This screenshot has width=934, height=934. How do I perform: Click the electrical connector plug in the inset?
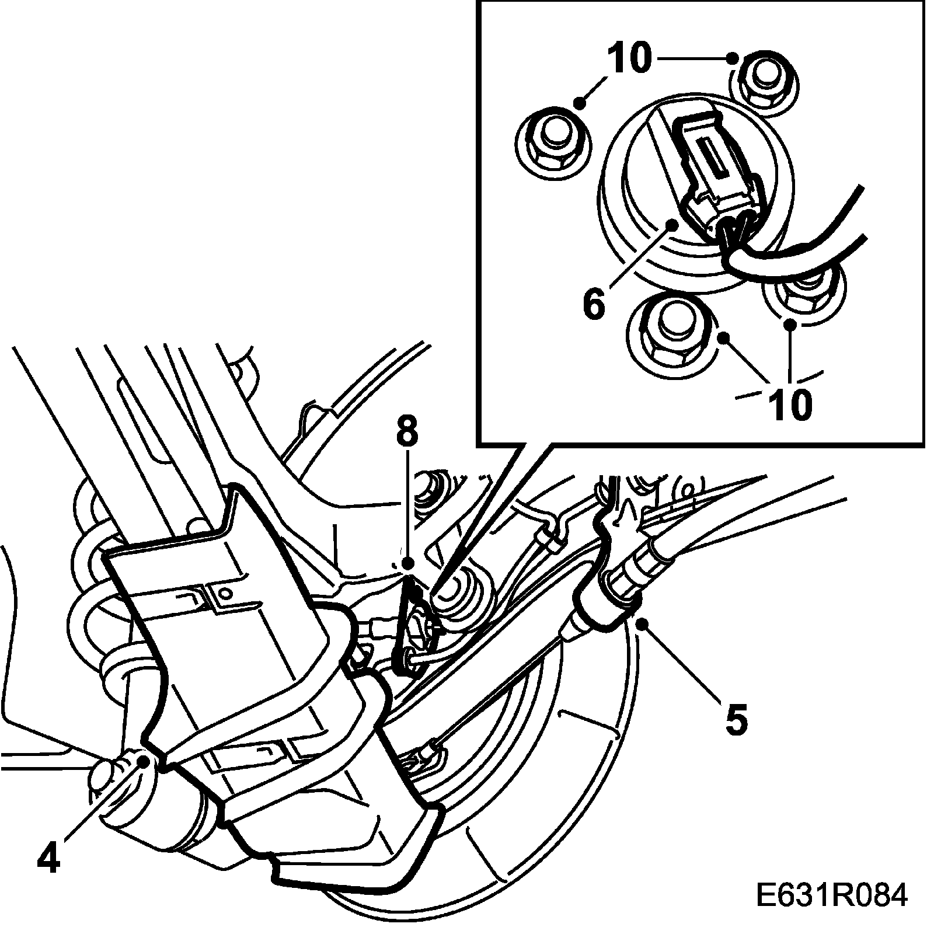[715, 175]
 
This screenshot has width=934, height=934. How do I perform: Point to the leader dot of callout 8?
[407, 563]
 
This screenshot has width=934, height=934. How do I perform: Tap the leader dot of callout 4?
[141, 759]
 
